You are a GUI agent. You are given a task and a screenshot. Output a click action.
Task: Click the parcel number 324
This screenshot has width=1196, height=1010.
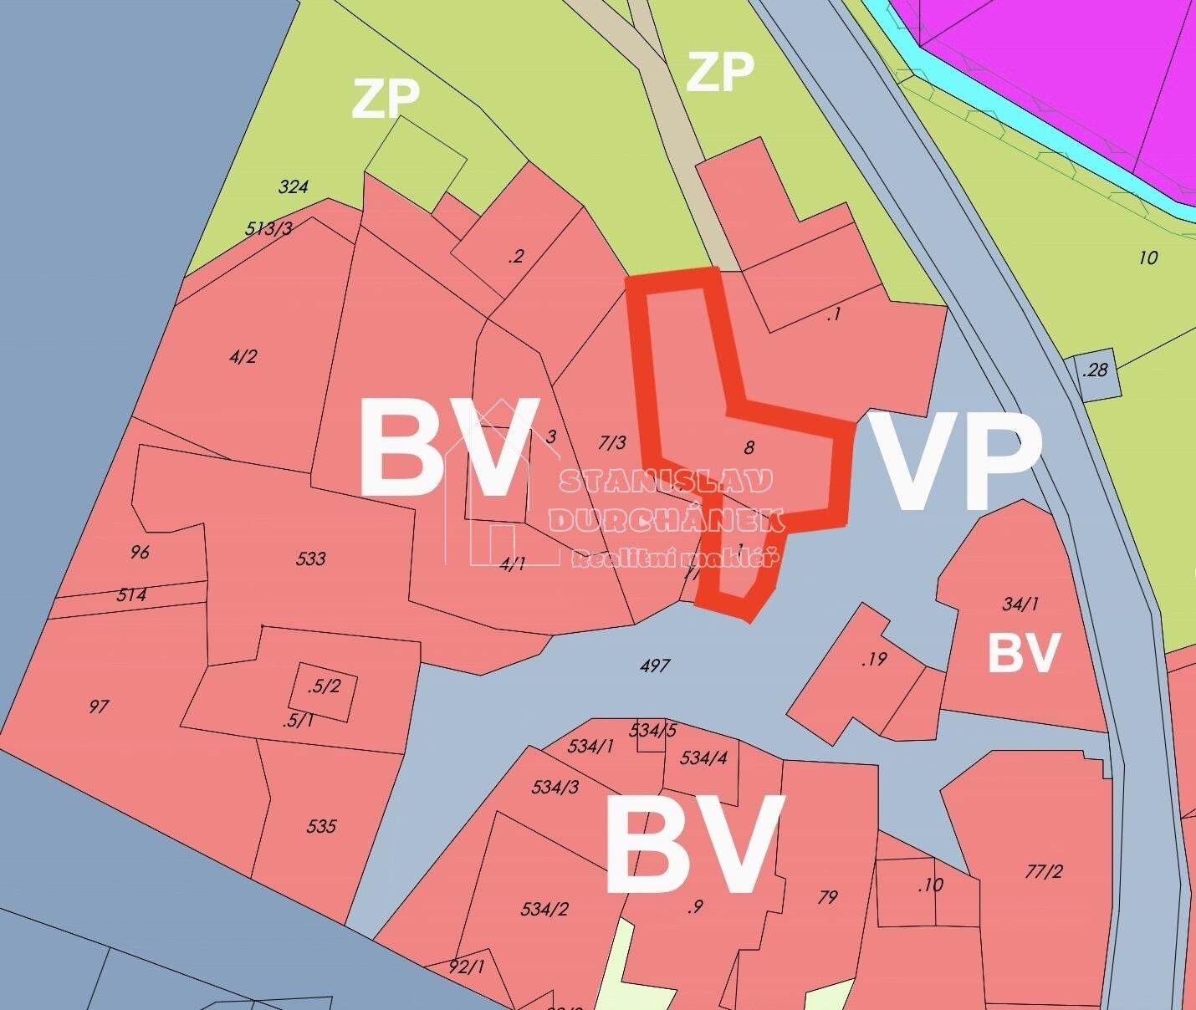(x=293, y=186)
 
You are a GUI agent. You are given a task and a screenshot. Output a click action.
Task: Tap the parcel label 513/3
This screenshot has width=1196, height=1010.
(x=268, y=227)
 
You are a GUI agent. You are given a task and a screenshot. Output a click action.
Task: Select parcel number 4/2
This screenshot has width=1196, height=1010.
(x=243, y=357)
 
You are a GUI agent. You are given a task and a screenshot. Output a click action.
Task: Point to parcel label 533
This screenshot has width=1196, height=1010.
(x=310, y=559)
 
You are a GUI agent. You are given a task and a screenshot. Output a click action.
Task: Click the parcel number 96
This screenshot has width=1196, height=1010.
(x=140, y=552)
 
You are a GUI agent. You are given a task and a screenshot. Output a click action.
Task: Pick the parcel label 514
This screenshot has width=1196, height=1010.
(x=131, y=594)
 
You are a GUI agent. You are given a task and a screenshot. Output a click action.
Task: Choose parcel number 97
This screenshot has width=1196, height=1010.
(x=99, y=706)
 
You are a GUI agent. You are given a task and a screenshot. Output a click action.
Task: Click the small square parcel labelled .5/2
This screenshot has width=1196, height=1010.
(x=324, y=687)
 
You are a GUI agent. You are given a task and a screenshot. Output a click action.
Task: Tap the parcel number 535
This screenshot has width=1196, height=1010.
(x=321, y=826)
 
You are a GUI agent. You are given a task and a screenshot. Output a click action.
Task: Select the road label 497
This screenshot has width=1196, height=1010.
(x=654, y=666)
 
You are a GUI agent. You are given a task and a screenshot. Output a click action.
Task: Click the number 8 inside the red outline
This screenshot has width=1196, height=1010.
(x=749, y=447)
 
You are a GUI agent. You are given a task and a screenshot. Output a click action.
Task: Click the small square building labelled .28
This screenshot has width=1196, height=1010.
(x=1094, y=370)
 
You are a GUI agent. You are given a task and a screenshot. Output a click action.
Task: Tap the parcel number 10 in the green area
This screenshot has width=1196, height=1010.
(x=1148, y=258)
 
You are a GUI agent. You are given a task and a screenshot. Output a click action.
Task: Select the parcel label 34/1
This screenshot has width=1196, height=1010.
(x=1020, y=604)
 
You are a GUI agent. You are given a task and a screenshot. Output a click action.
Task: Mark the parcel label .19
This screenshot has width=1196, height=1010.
(x=873, y=659)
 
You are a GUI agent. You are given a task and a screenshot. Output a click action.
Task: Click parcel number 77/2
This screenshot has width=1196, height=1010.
(x=1043, y=871)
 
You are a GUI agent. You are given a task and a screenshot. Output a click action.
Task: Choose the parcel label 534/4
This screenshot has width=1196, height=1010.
(x=703, y=758)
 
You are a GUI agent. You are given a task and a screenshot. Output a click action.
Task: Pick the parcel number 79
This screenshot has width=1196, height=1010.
(x=827, y=897)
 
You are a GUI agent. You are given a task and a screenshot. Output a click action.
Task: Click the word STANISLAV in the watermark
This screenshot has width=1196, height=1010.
(x=666, y=481)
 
